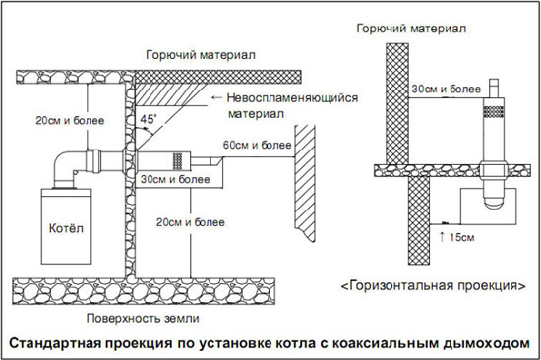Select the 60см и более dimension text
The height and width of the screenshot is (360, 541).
click(257, 146)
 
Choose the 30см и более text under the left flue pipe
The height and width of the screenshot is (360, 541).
click(174, 180)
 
